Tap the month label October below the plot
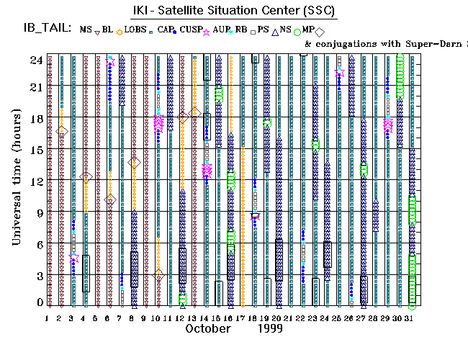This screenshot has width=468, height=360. (207, 328)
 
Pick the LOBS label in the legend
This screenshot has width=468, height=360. (134, 29)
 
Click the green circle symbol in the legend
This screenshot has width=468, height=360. (297, 31)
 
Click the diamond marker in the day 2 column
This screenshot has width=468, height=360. (61, 130)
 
